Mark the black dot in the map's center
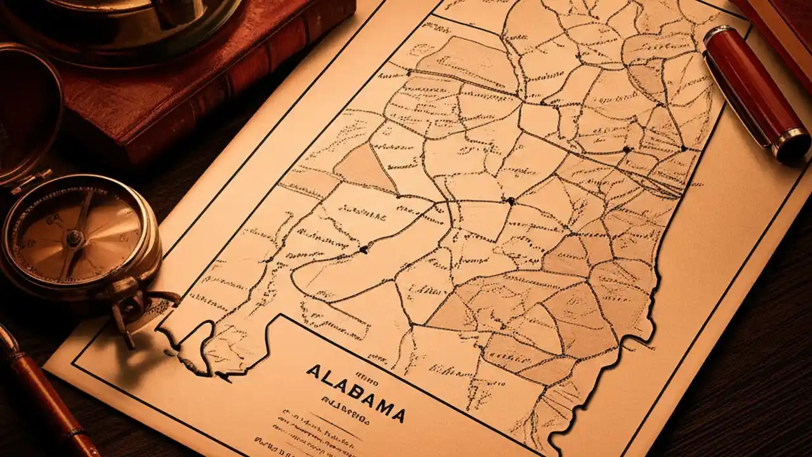pyautogui.click(x=510, y=201)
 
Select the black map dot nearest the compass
pyautogui.click(x=363, y=249)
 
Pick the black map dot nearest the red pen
pyautogui.click(x=684, y=148)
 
